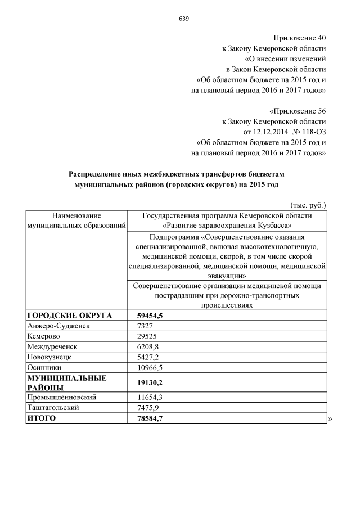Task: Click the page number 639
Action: [183, 19]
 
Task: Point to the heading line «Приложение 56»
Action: [297, 110]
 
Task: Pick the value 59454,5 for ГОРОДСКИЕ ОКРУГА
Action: [150, 316]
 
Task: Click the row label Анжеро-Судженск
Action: [58, 326]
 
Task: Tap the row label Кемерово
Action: [44, 336]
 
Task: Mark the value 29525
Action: [148, 336]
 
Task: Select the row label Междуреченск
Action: [52, 346]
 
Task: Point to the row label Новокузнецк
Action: [49, 357]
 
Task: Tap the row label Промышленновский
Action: [60, 397]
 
